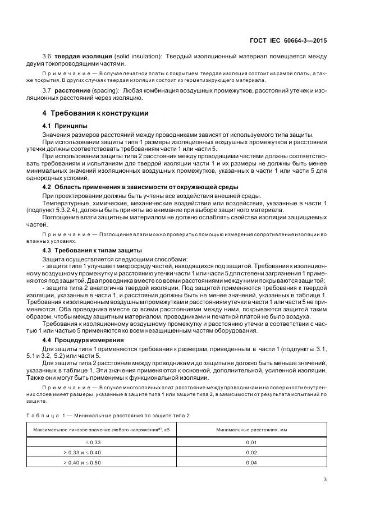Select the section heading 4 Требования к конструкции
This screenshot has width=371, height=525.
pos(96,113)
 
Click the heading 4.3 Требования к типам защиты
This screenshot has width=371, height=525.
pos(92,250)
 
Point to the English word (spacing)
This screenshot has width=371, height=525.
pos(120,90)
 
